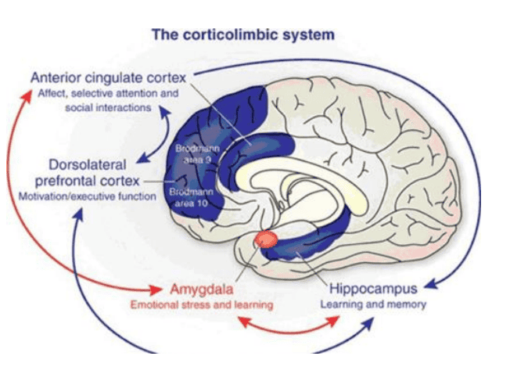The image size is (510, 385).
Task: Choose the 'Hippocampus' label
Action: click(374, 288)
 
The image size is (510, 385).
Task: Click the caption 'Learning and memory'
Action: click(374, 304)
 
